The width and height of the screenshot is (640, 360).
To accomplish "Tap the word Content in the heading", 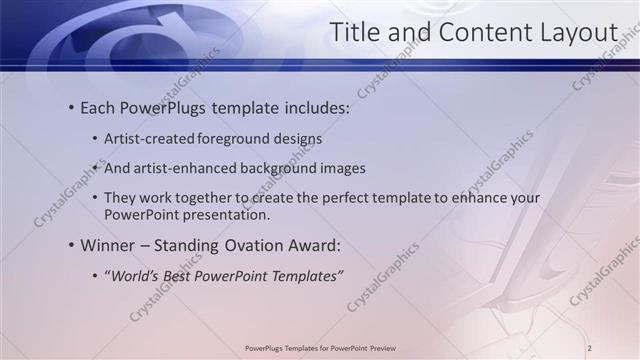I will tap(474, 32).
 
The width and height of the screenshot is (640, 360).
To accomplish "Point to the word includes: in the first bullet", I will tap(315, 106).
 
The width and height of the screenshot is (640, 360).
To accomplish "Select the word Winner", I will tap(112, 245).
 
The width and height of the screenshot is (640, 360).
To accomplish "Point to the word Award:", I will tap(313, 245).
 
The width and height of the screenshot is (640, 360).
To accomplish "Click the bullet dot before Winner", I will tap(72, 245).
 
